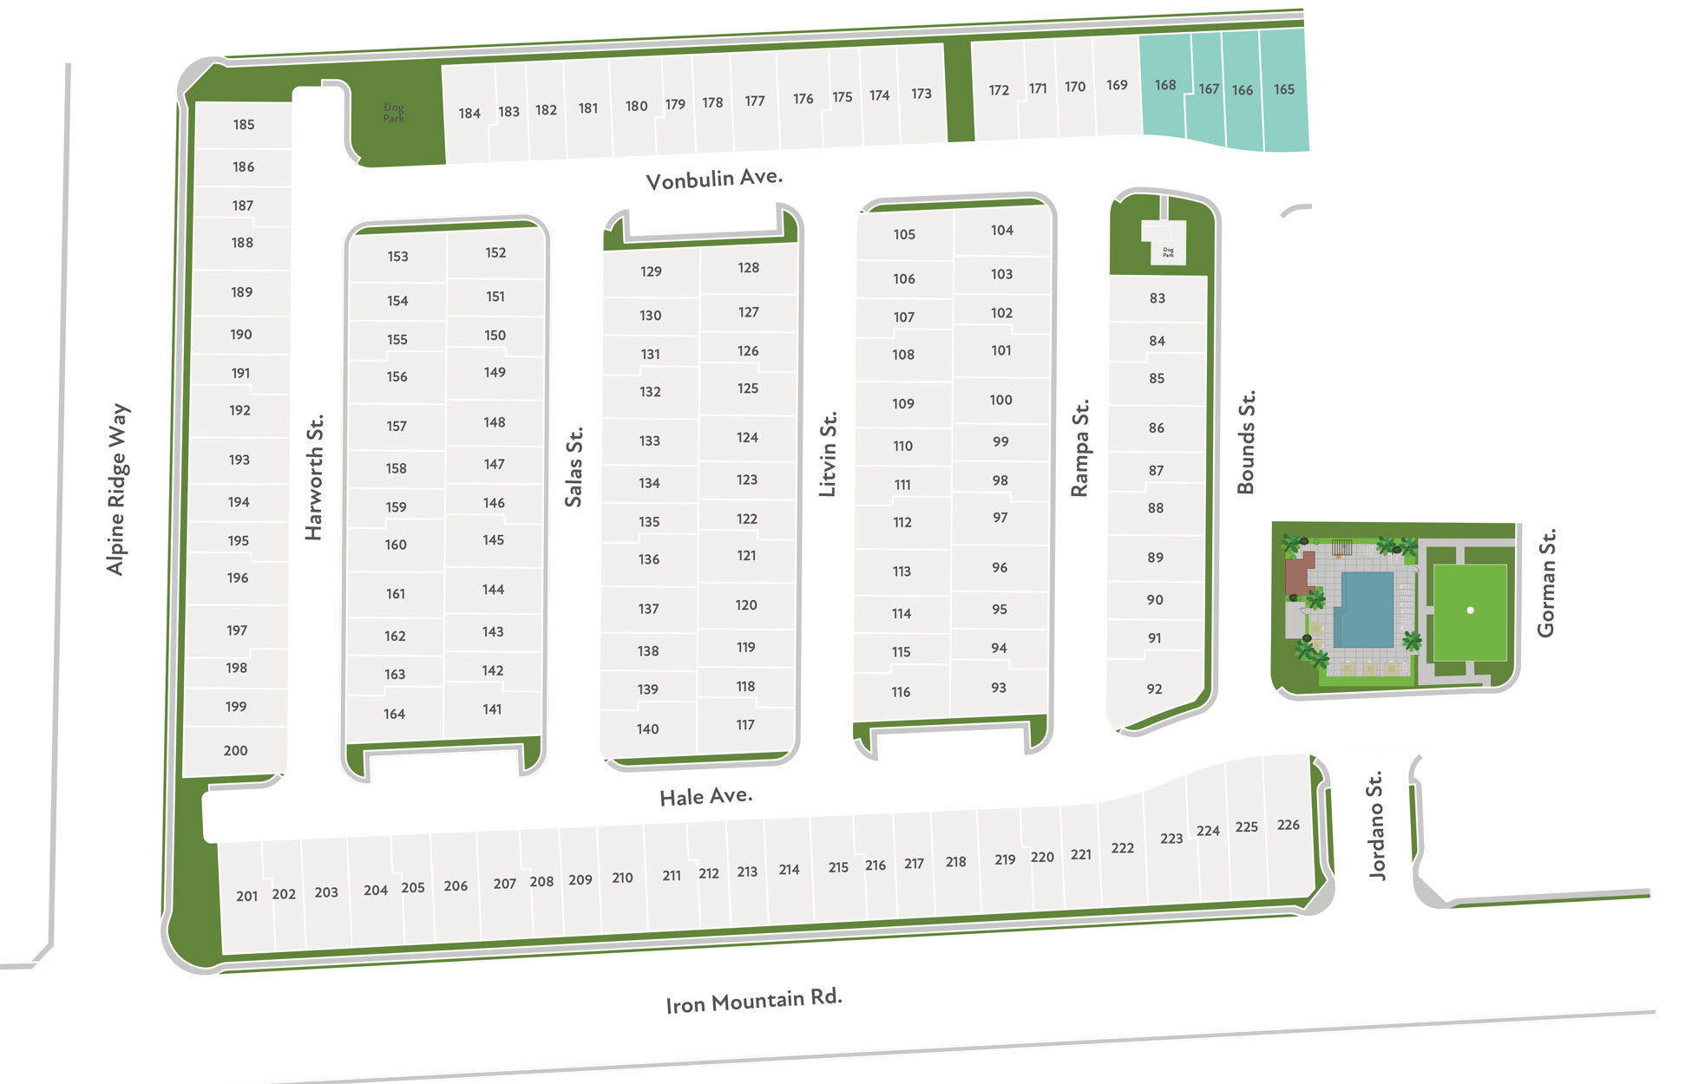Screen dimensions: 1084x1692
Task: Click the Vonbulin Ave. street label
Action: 714,179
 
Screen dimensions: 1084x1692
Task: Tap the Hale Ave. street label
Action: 705,796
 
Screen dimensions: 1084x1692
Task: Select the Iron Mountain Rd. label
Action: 753,1001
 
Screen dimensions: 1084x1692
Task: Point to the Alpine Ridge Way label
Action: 117,489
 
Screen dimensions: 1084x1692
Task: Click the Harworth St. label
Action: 313,477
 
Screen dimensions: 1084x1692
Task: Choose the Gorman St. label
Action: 1546,583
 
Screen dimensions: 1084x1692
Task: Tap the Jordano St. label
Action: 1376,826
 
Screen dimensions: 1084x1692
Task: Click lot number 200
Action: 235,750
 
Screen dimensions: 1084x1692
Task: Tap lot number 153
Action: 397,257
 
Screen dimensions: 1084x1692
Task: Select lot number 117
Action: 745,725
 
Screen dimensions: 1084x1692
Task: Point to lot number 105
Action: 904,234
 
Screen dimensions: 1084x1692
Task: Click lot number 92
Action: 1154,689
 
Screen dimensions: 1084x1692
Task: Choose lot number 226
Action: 1288,825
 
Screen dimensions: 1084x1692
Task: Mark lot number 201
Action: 246,896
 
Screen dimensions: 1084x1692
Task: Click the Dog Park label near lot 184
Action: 394,113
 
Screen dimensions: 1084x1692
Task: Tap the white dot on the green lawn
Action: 1470,611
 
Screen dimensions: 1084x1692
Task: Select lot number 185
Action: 243,125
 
